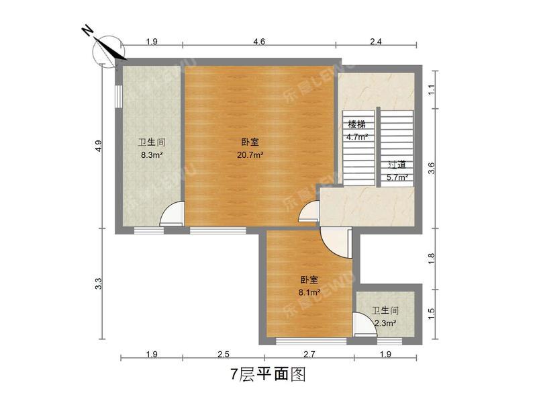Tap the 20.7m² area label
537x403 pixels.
pos(250,154)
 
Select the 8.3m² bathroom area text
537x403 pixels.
pos(152,154)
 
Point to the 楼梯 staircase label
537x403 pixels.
pos(356,125)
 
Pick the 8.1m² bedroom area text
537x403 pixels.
pos(309,292)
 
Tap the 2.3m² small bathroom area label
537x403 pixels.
pos(385,323)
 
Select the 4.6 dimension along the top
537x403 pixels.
pos(259,42)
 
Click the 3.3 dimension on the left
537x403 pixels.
pos(98,284)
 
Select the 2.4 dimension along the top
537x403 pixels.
pos(376,42)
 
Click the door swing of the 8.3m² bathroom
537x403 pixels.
pos(172,214)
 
